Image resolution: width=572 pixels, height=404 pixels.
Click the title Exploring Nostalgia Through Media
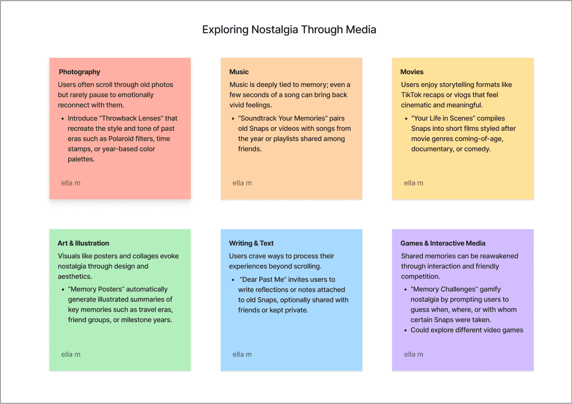pos(289,30)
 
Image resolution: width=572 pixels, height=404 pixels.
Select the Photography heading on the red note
pos(79,72)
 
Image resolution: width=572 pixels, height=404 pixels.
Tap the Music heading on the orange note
pos(239,72)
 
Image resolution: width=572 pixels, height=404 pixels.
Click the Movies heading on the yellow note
pos(412,72)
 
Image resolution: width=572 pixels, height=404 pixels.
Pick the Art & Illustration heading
pos(83,243)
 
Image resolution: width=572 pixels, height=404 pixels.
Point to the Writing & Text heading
pos(251,243)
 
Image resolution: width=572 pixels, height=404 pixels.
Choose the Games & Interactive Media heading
pos(443,243)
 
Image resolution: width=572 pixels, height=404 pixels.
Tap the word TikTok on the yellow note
pos(412,95)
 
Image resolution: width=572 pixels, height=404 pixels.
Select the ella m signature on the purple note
pos(413,354)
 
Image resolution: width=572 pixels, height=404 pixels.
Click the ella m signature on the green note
pos(71,354)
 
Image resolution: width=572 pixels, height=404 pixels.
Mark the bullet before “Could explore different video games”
pos(405,330)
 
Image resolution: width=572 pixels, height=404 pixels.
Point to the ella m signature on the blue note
pos(242,354)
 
